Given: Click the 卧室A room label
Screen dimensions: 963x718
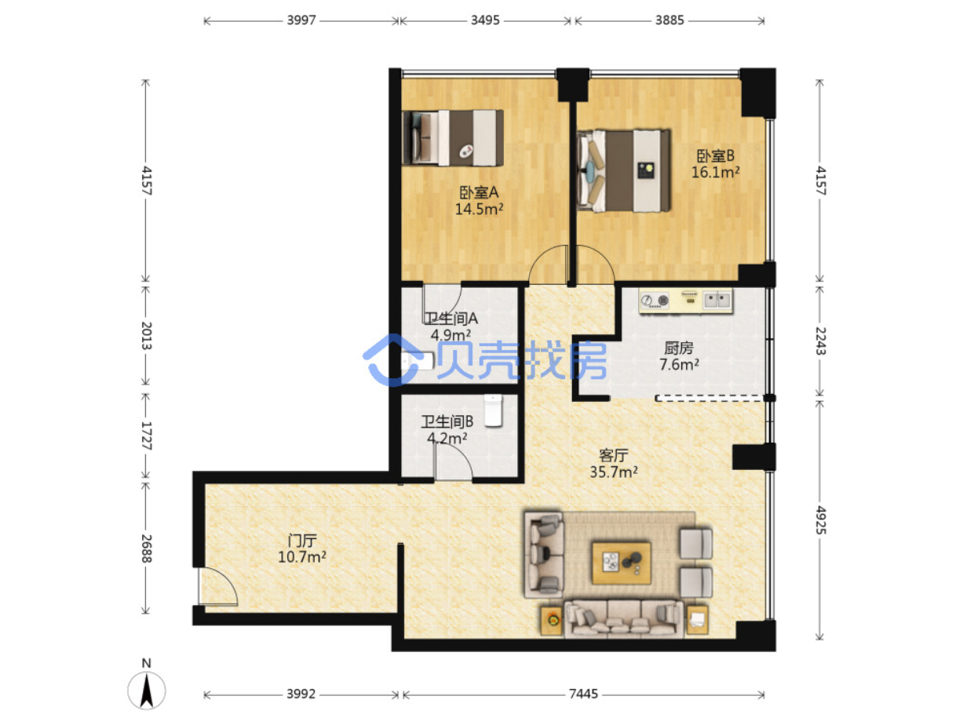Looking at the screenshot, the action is click(479, 192).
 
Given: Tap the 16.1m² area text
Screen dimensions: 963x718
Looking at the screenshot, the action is click(715, 172).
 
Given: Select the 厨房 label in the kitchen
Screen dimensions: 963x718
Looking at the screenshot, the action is click(679, 348).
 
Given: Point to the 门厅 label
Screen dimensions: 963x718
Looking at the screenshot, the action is click(302, 541).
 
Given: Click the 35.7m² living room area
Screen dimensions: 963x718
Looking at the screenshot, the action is click(613, 472).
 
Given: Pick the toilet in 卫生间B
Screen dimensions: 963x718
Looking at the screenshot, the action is click(493, 410).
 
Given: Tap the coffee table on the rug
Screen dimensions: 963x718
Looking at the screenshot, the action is click(621, 563).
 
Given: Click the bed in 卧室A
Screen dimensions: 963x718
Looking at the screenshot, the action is click(452, 138).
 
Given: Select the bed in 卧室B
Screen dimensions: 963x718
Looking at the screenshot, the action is click(623, 170).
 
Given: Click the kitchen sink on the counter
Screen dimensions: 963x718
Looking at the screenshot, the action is click(717, 300).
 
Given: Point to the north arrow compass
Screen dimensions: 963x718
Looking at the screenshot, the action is click(146, 690).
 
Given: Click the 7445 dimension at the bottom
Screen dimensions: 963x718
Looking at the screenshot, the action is click(583, 694).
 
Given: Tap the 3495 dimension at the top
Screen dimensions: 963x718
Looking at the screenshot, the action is click(485, 20).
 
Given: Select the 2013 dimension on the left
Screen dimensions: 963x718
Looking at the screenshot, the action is click(147, 335).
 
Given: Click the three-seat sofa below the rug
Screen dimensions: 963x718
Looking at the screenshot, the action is click(623, 619).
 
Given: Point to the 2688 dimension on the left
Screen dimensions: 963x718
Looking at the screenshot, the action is click(147, 549).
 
